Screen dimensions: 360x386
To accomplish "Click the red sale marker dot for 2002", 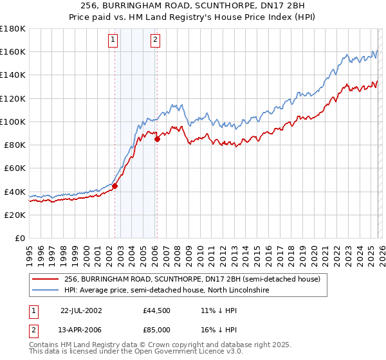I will click(x=115, y=186).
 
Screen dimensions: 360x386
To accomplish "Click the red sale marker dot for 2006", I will click(x=157, y=139).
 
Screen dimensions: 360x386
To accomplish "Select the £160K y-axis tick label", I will click(x=13, y=51).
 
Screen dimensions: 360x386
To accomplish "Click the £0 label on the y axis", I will click(x=19, y=239).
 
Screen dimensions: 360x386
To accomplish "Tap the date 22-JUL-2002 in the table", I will click(x=83, y=310).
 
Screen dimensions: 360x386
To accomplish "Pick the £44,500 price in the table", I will click(x=157, y=310).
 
